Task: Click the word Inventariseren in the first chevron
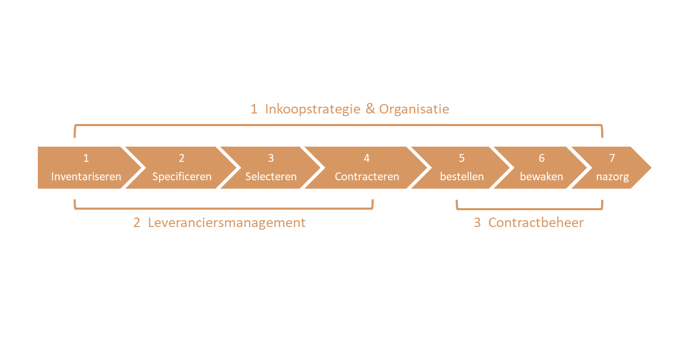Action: (86, 177)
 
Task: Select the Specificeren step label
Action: (182, 177)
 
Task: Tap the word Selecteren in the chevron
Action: (271, 177)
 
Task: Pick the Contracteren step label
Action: (367, 177)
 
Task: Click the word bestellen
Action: (462, 177)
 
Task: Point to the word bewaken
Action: (541, 177)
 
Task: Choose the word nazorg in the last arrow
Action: (612, 177)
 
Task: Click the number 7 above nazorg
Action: (612, 158)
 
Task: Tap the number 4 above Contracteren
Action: (367, 158)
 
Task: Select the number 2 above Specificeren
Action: (182, 158)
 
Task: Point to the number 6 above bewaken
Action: (542, 158)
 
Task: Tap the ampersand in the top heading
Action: (370, 109)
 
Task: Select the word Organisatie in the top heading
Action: (414, 109)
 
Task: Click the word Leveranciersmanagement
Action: (227, 222)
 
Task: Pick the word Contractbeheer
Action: (536, 222)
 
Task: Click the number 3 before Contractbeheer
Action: (477, 222)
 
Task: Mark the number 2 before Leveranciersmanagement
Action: (137, 222)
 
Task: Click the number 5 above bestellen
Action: (462, 158)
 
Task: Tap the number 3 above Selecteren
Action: (271, 158)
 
